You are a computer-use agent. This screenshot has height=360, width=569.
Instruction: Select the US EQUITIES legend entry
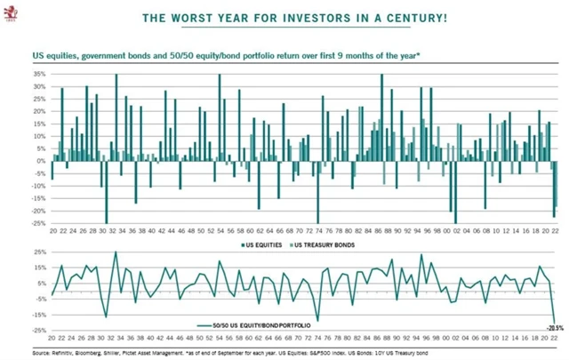point(263,244)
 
